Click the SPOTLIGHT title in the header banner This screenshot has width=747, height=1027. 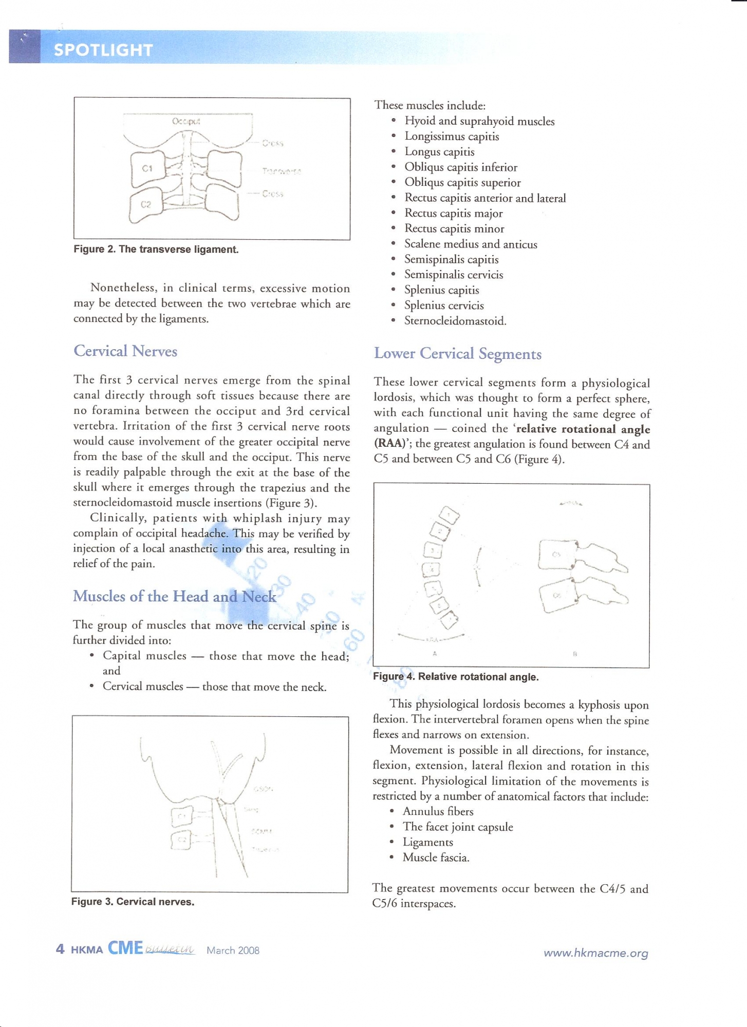[x=103, y=50]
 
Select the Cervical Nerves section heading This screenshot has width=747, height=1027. [x=125, y=351]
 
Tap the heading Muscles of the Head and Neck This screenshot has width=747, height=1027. [x=174, y=596]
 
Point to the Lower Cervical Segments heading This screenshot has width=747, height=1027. [x=457, y=354]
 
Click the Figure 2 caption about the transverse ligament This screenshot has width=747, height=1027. [x=156, y=250]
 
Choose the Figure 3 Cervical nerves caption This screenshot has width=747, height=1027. [x=133, y=902]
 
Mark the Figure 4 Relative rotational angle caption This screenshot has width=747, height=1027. [x=455, y=677]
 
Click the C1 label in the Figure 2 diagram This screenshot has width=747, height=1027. [x=147, y=168]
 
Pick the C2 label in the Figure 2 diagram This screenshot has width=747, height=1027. [x=146, y=204]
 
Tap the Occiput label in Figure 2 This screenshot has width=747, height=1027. [x=186, y=122]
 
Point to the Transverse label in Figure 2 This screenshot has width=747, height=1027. [x=282, y=171]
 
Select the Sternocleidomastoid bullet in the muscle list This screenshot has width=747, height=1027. [x=455, y=321]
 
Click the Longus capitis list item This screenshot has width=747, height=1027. [x=439, y=152]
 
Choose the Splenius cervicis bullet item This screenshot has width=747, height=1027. [x=444, y=306]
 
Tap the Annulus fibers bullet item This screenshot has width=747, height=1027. [x=438, y=811]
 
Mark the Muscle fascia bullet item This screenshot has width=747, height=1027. [x=436, y=858]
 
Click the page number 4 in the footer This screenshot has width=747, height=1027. [x=60, y=949]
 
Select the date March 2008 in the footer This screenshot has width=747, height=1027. [x=233, y=950]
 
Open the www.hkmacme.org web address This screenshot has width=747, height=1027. [x=595, y=953]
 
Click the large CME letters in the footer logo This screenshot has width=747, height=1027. [x=125, y=948]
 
